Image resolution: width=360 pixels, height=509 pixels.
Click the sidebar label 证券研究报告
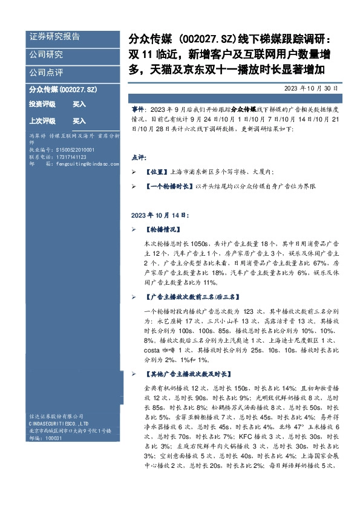point(54,37)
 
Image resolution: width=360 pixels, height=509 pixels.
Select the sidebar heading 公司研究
point(46,54)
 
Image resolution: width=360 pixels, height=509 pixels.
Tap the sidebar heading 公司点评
point(46,72)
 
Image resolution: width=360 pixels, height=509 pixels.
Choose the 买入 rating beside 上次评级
point(79,121)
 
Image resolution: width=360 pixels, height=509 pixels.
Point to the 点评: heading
point(139,157)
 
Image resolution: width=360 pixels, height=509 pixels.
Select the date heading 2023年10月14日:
point(160,215)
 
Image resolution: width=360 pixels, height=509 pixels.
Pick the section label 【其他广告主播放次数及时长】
point(192,374)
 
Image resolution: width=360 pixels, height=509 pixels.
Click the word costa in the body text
point(152,351)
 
